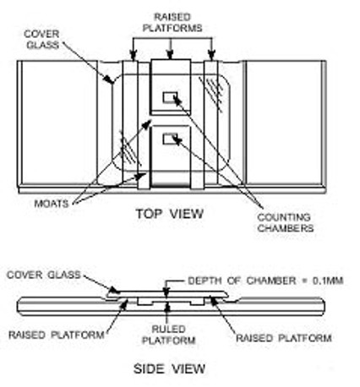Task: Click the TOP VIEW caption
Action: pos(170,214)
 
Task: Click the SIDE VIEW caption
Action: pos(169,368)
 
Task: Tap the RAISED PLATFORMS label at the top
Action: pos(172,23)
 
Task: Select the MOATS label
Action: pos(52,204)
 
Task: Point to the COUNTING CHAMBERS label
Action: pos(286,222)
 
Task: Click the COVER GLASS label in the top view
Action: pos(41,40)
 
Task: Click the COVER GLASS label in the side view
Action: pos(44,275)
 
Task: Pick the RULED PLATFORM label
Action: pos(168,335)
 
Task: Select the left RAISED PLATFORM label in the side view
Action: pos(57,335)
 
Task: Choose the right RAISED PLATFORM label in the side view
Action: pos(284,338)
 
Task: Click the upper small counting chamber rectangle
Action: pos(170,97)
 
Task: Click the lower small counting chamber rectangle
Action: pos(170,139)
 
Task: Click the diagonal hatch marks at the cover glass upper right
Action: pos(211,93)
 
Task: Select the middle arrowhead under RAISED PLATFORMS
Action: pos(169,54)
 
